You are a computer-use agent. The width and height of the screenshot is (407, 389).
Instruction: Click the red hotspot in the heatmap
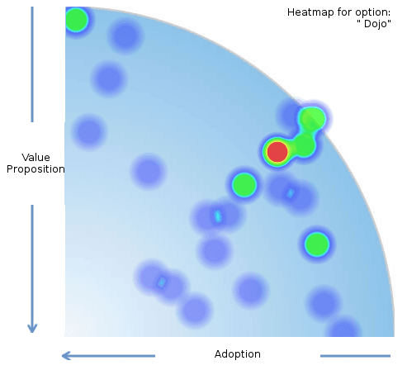tap(277, 152)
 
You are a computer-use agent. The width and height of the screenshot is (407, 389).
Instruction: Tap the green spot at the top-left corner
tap(76, 20)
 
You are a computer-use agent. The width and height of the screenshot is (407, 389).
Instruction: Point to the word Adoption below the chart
tap(238, 354)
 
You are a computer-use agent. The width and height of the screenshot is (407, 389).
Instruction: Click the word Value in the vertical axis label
tap(35, 158)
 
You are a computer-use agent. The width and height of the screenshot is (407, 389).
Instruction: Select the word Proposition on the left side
tap(35, 169)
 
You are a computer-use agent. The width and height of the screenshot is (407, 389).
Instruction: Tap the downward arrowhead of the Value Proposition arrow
tap(32, 328)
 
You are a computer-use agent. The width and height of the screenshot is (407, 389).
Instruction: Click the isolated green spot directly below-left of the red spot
tap(244, 185)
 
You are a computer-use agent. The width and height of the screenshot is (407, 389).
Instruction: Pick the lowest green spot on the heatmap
tap(317, 244)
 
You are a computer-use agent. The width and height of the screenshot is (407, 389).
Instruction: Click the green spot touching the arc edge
tap(312, 118)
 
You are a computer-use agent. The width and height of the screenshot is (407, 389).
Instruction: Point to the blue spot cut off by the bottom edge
tap(344, 328)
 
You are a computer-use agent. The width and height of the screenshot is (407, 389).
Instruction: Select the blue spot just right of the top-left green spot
tap(125, 36)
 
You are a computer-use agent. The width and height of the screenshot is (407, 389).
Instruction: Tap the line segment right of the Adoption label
tap(355, 356)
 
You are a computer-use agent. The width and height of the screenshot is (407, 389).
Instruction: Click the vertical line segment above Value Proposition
tap(32, 64)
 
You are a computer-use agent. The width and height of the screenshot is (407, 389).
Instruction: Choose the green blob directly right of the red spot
tap(304, 145)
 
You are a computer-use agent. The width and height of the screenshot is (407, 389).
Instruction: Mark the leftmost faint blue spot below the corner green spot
tap(88, 132)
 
